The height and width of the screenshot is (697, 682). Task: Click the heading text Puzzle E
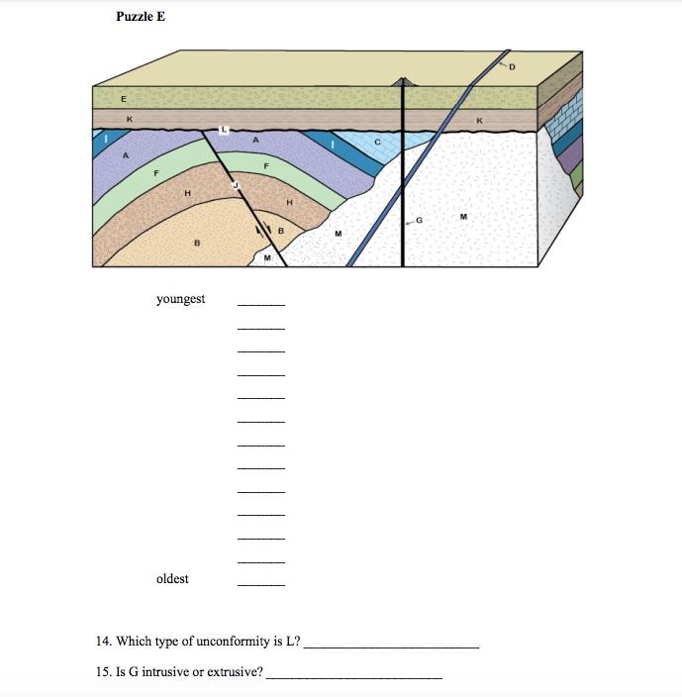(141, 17)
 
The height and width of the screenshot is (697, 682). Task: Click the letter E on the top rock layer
(124, 99)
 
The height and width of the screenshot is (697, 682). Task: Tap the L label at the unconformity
(225, 130)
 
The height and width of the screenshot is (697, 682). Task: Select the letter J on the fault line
(236, 184)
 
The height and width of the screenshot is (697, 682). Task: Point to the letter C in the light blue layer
(377, 145)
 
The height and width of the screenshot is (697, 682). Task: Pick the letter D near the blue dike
(512, 67)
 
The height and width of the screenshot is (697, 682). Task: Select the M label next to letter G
(463, 216)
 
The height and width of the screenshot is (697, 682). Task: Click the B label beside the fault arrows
(281, 232)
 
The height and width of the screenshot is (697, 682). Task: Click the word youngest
(180, 298)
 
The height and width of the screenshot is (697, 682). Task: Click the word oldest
(172, 579)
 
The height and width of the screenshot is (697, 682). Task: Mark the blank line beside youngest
(261, 304)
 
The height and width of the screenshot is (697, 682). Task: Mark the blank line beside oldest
(261, 585)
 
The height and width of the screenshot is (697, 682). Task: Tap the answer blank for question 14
(392, 646)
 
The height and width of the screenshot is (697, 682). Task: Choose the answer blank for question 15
(354, 677)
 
